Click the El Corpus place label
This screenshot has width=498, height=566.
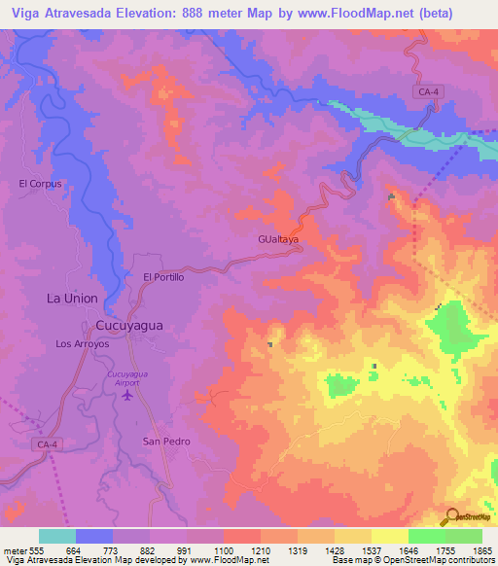40,183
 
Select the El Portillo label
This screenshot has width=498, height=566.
163,277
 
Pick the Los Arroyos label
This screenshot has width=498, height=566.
83,344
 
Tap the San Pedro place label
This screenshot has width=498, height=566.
166,442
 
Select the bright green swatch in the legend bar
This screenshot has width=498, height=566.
426,536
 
